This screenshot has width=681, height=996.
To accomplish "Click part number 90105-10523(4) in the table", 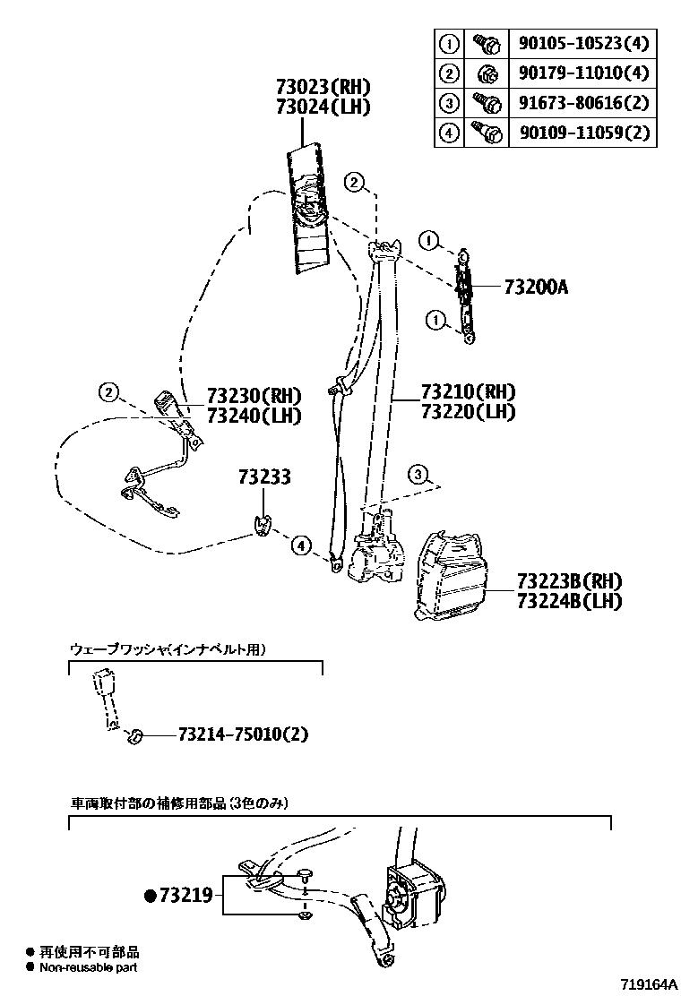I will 582,43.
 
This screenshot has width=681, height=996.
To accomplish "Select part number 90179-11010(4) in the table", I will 582,73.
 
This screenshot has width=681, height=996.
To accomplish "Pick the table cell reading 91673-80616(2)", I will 582,103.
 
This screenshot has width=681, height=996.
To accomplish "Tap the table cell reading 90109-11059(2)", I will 582,133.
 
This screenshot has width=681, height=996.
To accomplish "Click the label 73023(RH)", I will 323,88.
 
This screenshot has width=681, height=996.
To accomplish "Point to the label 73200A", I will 536,288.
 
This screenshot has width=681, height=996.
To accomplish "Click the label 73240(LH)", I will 254,416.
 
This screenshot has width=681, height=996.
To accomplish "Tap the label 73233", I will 264,477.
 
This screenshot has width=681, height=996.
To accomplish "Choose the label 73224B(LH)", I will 569,601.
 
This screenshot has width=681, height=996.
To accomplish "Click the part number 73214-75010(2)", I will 243,734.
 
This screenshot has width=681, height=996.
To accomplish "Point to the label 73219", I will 185,895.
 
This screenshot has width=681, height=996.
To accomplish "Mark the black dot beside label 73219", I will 151,895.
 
